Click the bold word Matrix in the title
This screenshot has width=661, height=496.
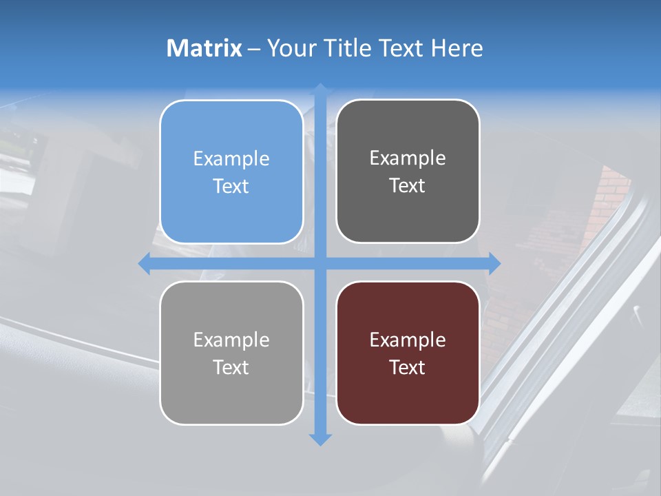point(204,48)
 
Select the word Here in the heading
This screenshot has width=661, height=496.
point(457,48)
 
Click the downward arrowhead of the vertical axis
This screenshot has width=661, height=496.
point(320,439)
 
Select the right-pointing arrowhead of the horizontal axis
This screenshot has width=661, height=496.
point(494,263)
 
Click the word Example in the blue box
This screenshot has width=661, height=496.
point(231,158)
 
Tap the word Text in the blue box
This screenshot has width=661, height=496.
point(231,186)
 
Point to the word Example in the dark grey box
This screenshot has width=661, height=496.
point(408,158)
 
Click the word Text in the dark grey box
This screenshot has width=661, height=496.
point(408,185)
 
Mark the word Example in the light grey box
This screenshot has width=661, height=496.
point(231,340)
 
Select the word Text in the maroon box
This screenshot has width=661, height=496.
point(408,367)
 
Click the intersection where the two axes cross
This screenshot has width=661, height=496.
point(320,263)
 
